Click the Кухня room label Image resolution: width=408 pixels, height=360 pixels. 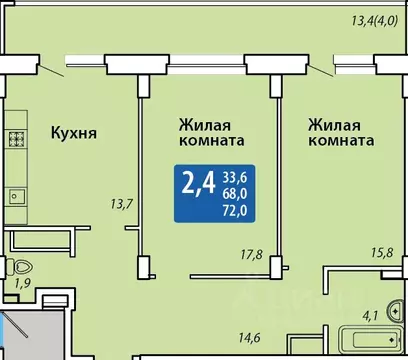point(74,131)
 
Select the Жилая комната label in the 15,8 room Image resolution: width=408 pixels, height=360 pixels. point(341,134)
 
